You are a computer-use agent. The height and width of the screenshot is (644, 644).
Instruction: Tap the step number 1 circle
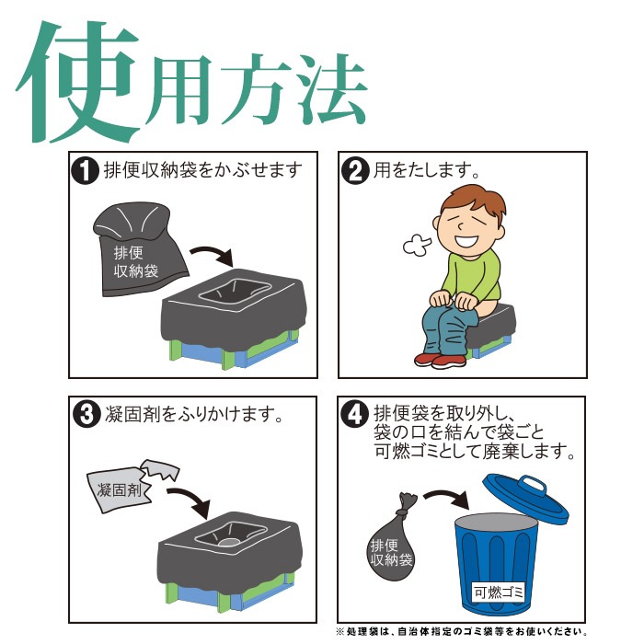[x=85, y=171]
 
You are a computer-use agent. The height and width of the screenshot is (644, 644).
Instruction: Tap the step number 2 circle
[x=352, y=171]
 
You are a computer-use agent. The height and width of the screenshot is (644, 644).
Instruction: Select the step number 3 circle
[x=85, y=415]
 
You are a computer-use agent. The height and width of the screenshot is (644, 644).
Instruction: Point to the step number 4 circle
[x=353, y=415]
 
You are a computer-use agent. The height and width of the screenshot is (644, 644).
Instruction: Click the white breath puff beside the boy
[x=416, y=246]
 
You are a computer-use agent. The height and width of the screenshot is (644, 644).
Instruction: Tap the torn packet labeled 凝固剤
[x=124, y=484]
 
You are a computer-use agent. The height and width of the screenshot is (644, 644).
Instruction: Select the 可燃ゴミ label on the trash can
[x=498, y=592]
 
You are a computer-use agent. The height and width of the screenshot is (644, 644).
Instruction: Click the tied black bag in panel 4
[x=389, y=545]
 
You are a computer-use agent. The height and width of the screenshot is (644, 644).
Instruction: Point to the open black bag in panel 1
[x=138, y=248]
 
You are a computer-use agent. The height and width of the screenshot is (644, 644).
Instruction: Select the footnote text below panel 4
[x=460, y=632]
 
